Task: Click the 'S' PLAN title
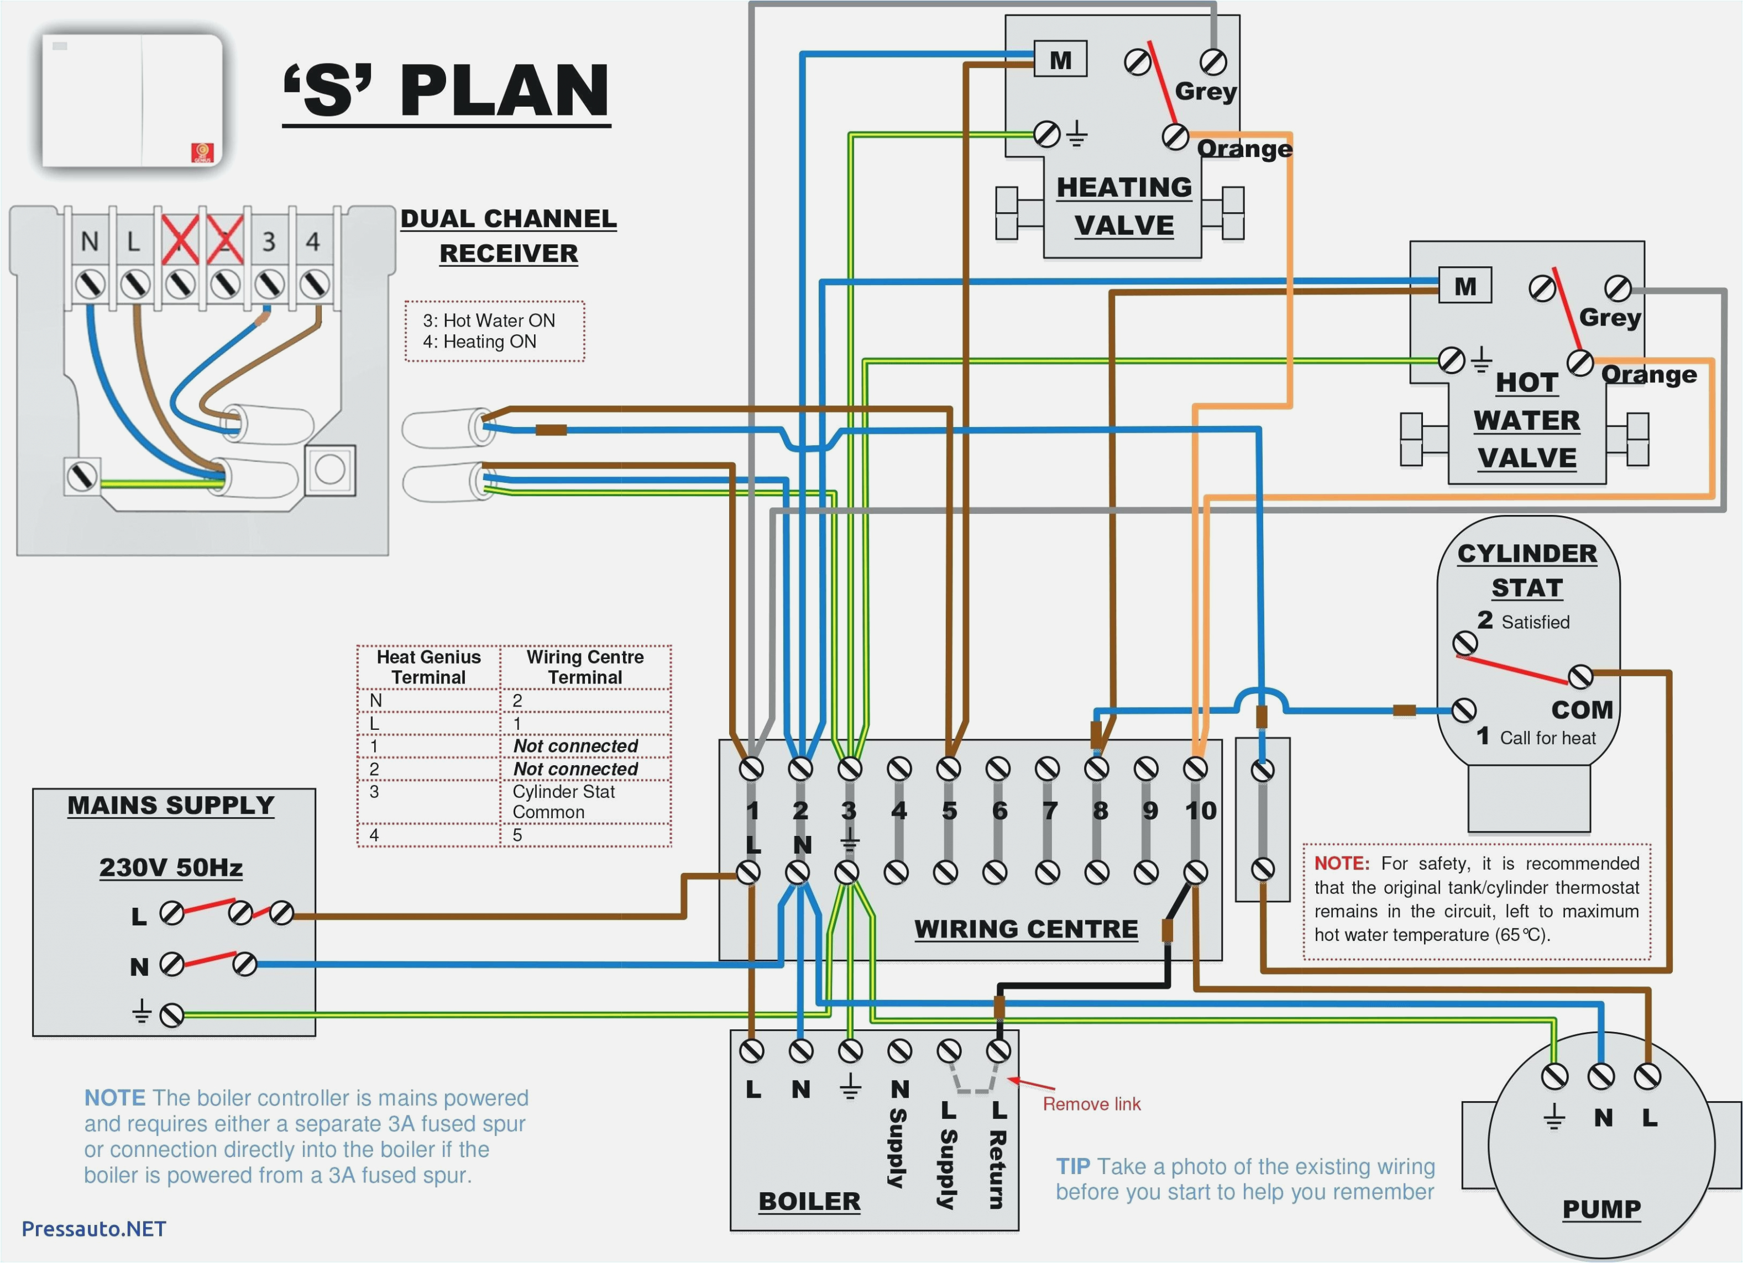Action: point(446,91)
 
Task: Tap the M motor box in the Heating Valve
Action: point(1060,60)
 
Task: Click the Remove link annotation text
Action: point(1091,1104)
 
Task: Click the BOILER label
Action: point(809,1201)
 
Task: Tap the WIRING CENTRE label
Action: point(1026,929)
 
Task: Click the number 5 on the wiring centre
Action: point(950,811)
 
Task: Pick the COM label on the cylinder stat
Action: point(1582,709)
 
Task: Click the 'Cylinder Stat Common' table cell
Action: point(563,801)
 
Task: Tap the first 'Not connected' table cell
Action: point(575,746)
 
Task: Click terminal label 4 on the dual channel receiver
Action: point(313,242)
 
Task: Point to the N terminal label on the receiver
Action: point(90,242)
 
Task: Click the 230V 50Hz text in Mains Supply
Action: point(171,867)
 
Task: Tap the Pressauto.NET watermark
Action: point(94,1228)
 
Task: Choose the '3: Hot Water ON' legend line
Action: point(489,320)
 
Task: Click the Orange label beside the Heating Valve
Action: point(1244,148)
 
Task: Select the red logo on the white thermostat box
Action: point(202,153)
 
